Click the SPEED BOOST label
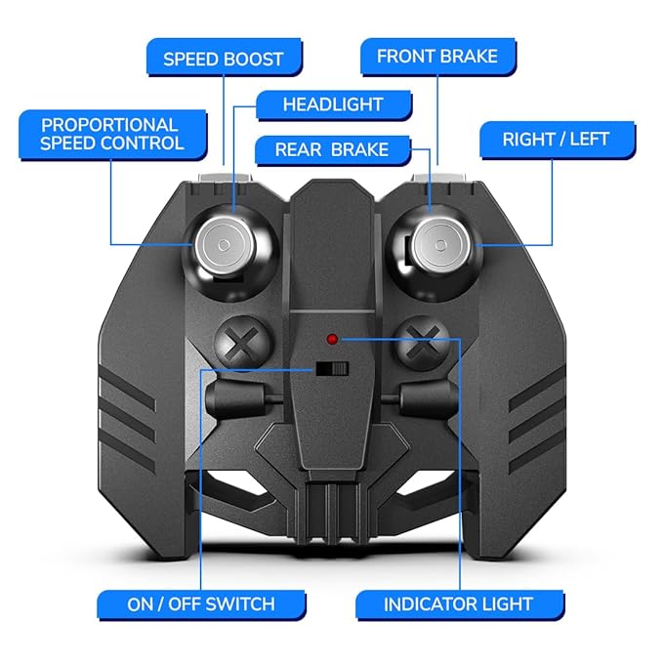(x=225, y=58)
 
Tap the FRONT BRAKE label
(x=437, y=57)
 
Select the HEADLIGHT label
(x=334, y=104)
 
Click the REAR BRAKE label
(x=332, y=150)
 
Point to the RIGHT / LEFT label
(x=557, y=140)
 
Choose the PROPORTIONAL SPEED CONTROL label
(x=112, y=135)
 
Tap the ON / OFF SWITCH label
(x=201, y=604)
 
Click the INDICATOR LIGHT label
(x=460, y=604)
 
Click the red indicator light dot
(x=332, y=339)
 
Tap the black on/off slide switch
(x=332, y=369)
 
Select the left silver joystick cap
(x=225, y=245)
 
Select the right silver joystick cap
(x=441, y=245)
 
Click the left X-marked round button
(x=242, y=343)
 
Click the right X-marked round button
(x=422, y=343)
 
